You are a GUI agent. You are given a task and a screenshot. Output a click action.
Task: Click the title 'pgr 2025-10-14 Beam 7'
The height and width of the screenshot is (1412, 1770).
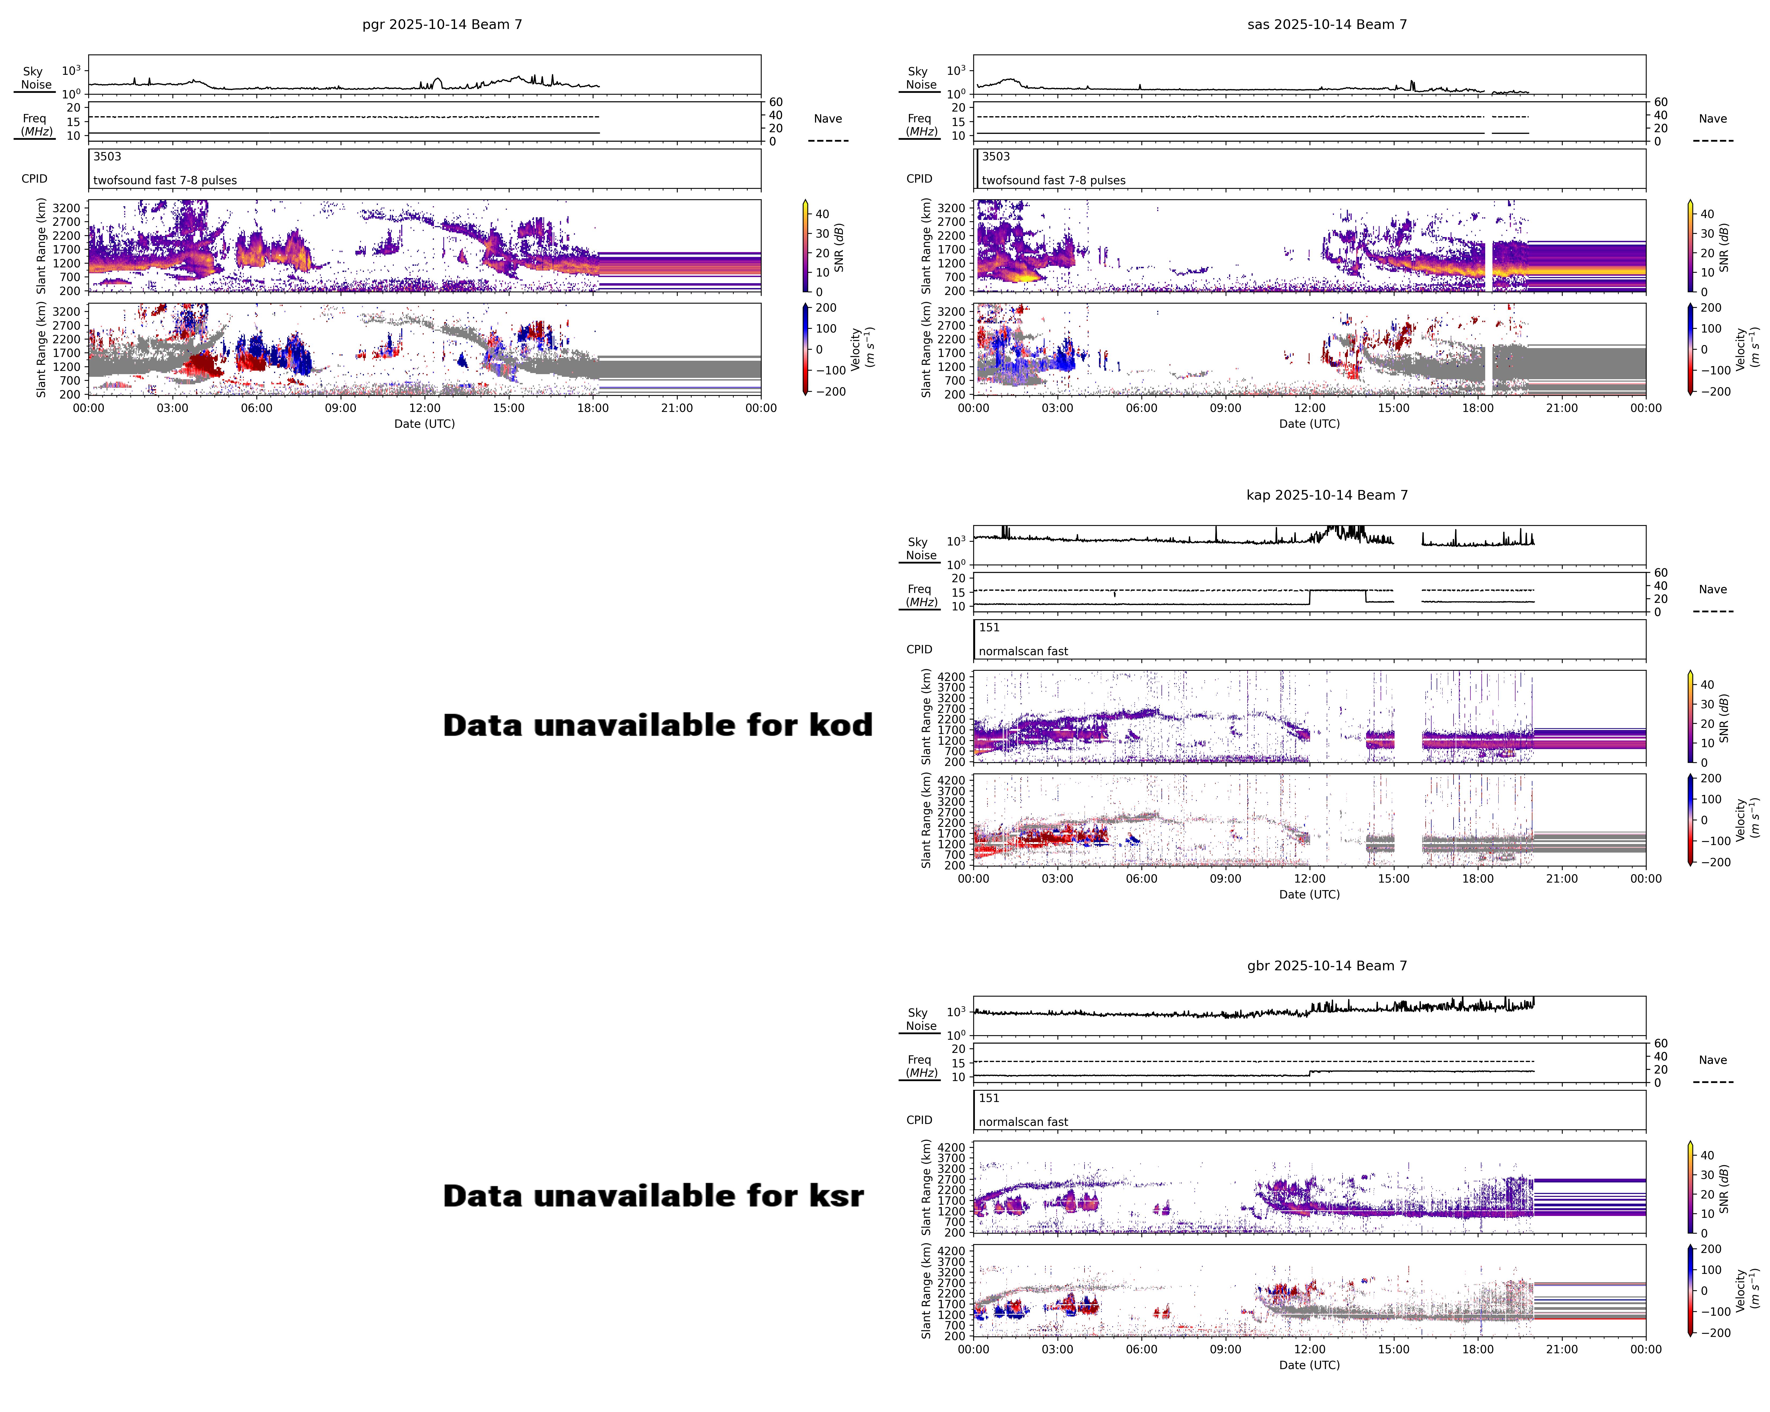click(442, 25)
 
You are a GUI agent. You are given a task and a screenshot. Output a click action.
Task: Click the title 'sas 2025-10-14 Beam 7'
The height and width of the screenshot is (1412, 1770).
click(1327, 25)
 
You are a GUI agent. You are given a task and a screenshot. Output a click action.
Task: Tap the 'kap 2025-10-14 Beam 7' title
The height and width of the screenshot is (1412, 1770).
click(1327, 495)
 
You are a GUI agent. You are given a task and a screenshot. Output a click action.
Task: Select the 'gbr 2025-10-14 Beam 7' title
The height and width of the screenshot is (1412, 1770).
click(1327, 965)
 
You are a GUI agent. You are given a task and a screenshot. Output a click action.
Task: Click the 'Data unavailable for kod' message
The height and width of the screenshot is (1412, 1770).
click(657, 725)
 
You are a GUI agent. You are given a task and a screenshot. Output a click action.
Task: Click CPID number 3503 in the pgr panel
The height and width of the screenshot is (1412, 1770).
click(107, 157)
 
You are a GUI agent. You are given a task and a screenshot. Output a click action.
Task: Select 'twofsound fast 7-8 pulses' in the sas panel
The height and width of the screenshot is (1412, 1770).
click(1053, 180)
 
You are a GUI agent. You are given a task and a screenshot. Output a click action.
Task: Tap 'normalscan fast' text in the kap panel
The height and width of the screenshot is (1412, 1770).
click(1023, 651)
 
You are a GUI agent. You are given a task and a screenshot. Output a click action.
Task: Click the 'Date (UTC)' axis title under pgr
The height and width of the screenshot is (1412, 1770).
click(425, 424)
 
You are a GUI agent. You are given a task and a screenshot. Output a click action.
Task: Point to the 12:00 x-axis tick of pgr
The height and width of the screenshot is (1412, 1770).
click(425, 408)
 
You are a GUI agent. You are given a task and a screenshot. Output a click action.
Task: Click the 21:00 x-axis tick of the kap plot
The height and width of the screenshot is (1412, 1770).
click(1561, 878)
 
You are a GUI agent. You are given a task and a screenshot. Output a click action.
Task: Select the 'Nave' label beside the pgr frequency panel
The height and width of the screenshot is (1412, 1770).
click(828, 119)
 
